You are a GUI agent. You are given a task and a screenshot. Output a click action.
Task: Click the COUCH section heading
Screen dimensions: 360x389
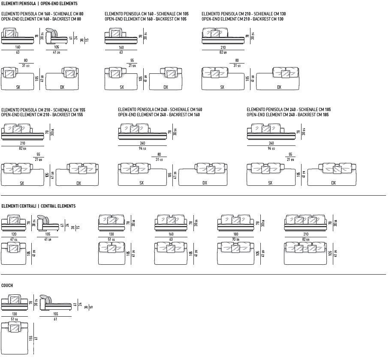tap(7, 285)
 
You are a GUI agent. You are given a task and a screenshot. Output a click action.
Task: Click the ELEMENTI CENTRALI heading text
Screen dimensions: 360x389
tap(18, 206)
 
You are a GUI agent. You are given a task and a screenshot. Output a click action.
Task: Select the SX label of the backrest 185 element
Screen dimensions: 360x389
tap(270, 183)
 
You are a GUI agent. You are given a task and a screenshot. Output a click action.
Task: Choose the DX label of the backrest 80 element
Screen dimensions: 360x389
tap(62, 87)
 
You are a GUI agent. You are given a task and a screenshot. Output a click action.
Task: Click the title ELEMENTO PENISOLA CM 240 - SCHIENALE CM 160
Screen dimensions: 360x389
tap(160, 110)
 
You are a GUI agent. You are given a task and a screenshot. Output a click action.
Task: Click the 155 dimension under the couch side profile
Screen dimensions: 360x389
tap(55, 314)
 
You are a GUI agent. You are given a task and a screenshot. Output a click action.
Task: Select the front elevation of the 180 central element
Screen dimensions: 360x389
tap(235, 223)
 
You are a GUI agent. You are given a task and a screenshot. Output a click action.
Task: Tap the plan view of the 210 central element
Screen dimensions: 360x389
tap(305, 252)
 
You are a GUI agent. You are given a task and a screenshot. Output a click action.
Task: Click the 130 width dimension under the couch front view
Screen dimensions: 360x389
tap(15, 314)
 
